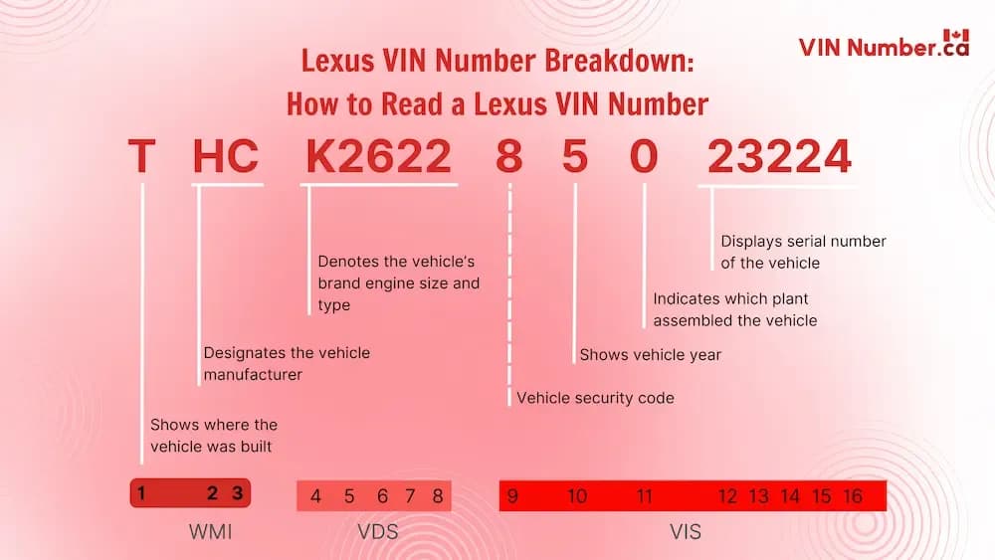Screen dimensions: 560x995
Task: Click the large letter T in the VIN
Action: [x=141, y=157]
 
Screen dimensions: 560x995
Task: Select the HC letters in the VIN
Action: [x=226, y=157]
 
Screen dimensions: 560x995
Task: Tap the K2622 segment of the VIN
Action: [x=379, y=157]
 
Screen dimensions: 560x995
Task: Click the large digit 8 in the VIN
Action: [x=509, y=157]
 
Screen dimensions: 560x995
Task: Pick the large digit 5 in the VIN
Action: [x=575, y=157]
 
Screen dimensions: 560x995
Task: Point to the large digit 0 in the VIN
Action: [x=645, y=157]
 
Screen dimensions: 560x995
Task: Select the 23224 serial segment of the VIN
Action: [x=779, y=157]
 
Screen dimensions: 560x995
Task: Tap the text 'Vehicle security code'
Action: [x=595, y=398]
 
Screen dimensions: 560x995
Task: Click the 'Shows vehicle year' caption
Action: [x=650, y=354]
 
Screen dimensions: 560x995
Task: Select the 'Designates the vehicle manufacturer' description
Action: [x=287, y=363]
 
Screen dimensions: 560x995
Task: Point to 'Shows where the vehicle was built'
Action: [x=214, y=436]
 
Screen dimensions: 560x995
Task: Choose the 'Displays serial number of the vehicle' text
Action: [x=803, y=252]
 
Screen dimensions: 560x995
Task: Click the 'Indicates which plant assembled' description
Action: [x=734, y=309]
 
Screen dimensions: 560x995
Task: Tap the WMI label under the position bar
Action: [x=210, y=532]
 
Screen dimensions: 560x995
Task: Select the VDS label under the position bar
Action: [x=377, y=532]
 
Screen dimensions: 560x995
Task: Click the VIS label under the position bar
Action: [x=685, y=532]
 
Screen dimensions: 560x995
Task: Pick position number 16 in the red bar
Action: [x=851, y=495]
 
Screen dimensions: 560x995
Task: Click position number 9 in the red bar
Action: [x=512, y=495]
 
